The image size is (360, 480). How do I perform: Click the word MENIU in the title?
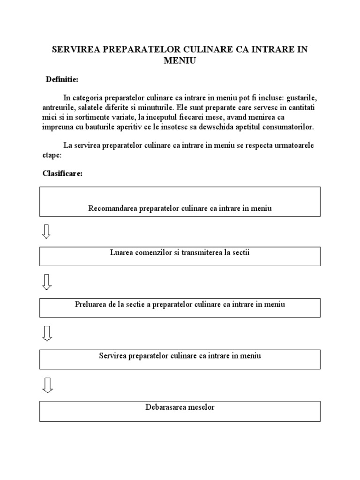tap(180, 60)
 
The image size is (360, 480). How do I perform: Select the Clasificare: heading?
tap(62, 173)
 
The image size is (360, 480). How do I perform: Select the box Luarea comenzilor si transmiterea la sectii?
tap(180, 256)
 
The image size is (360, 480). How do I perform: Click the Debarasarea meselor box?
tap(180, 411)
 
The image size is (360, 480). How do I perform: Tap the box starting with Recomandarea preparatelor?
tap(180, 202)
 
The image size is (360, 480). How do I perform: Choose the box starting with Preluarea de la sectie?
tap(180, 307)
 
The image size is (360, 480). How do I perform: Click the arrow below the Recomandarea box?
tap(47, 231)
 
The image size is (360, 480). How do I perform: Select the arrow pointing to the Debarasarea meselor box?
tap(47, 384)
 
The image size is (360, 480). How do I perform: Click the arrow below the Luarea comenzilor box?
tap(47, 282)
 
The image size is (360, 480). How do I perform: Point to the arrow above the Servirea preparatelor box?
tap(47, 333)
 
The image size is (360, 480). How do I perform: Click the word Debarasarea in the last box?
tap(164, 407)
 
